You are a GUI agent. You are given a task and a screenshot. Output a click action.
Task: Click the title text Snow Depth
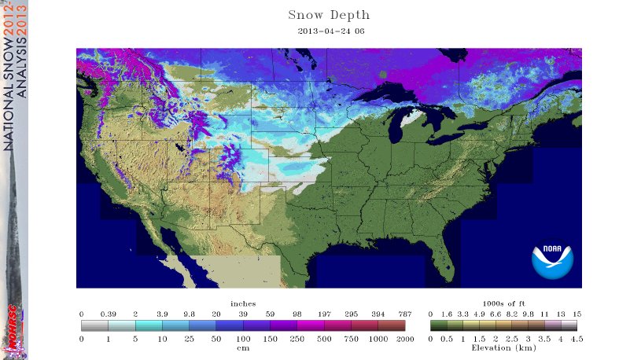329,15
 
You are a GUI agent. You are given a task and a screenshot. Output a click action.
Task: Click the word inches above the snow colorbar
242,303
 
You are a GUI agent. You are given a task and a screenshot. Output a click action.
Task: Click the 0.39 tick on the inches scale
109,313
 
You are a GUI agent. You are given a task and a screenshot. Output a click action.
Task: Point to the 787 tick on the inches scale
404,313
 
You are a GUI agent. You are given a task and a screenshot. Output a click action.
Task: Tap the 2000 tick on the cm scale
404,338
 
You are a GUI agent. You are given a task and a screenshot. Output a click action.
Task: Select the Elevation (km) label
503,347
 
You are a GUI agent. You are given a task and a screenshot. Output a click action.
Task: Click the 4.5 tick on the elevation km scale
576,338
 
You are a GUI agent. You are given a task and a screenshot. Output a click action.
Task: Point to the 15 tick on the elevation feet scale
577,313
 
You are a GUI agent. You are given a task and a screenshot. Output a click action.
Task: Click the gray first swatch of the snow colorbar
94,325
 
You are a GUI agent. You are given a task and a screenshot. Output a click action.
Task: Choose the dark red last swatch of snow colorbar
391,325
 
